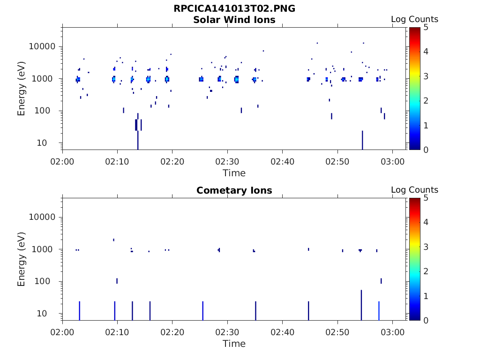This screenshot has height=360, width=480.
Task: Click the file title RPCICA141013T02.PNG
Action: coord(234,8)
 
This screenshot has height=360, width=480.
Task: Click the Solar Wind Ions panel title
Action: coord(234,20)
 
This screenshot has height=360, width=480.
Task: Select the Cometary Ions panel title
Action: coord(234,190)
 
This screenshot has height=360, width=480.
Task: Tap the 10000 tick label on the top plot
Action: coord(43,47)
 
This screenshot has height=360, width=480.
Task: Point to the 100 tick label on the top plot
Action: coord(49,111)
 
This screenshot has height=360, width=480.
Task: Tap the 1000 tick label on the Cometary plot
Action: coord(46,249)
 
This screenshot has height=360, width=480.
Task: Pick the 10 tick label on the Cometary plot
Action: coord(52,314)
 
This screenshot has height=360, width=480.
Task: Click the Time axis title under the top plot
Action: coord(234,173)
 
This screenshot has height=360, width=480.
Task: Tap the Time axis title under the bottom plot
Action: coord(234,344)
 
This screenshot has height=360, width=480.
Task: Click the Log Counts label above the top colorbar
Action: coord(414,19)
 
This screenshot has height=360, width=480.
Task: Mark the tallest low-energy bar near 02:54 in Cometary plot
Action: coord(361,305)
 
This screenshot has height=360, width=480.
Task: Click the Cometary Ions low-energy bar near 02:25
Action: coord(202,310)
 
